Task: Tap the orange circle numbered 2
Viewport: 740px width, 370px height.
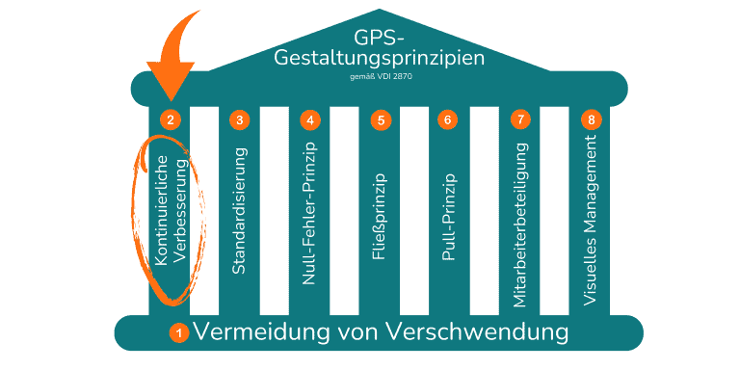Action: click(x=170, y=120)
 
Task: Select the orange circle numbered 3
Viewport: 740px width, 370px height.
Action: click(x=240, y=120)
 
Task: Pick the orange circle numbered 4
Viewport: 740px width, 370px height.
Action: click(x=309, y=120)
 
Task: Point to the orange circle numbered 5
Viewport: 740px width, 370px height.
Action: click(x=381, y=120)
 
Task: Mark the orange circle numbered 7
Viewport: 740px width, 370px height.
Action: click(x=520, y=120)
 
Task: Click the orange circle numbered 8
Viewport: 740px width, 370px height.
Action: click(x=592, y=120)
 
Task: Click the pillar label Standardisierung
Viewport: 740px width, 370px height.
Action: click(x=240, y=209)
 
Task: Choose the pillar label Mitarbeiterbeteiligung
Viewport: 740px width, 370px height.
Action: click(x=520, y=224)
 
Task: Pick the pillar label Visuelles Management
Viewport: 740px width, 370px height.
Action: click(x=592, y=221)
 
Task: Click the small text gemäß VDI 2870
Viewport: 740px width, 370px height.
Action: click(x=379, y=74)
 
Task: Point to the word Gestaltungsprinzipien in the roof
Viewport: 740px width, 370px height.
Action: click(x=379, y=57)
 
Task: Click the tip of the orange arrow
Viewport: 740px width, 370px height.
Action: click(x=171, y=99)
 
